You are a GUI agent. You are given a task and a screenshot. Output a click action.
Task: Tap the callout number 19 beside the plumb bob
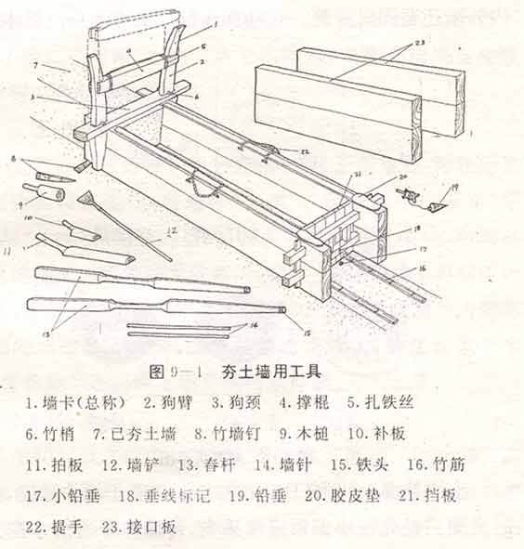(x=454, y=189)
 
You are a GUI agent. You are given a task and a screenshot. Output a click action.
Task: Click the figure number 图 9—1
(x=176, y=371)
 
